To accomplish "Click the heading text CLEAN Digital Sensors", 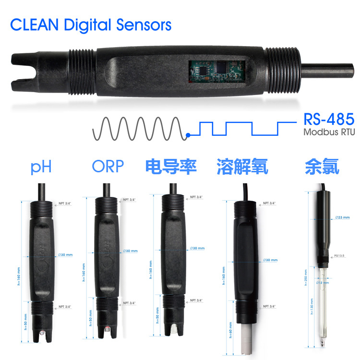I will pos(91,24).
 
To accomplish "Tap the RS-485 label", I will pos(329,120).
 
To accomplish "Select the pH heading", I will pos(41,167).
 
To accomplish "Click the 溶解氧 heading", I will pos(242,167).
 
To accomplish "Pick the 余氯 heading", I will pos(322,167).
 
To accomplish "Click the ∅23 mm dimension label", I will pos(342,217).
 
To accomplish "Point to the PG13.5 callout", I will pos(338,256).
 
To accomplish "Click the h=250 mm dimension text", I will pos(306,278).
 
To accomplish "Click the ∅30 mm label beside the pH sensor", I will pos(65,254).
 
